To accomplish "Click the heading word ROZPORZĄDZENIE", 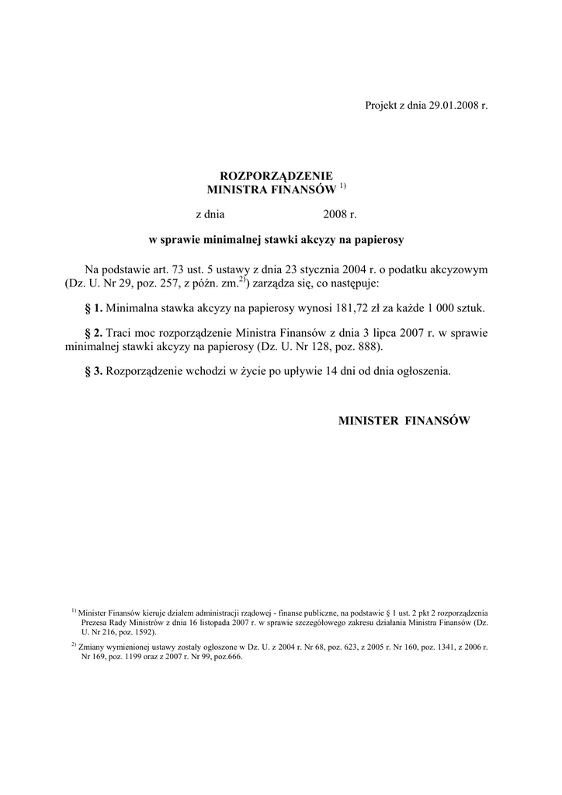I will coord(266,176).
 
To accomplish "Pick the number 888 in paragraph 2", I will coord(365,345).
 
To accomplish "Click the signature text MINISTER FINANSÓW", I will coord(404,420).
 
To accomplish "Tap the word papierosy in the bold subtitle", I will coord(378,240).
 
